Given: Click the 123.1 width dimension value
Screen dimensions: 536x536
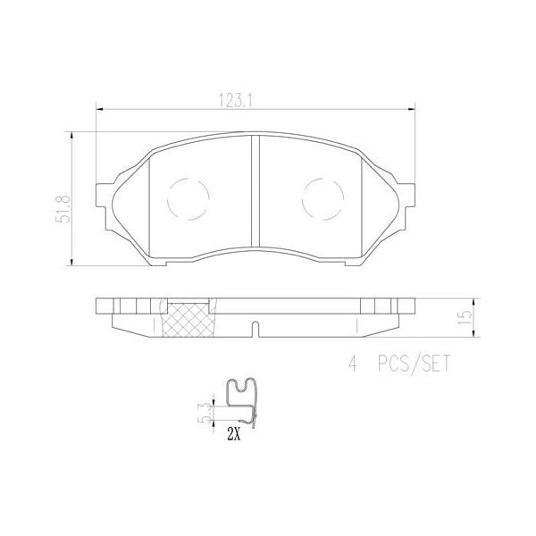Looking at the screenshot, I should (255, 101).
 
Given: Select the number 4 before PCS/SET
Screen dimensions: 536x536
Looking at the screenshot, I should (353, 364).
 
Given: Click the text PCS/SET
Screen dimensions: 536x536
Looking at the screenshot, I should (414, 364).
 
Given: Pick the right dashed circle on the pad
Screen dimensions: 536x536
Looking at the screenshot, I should (322, 198).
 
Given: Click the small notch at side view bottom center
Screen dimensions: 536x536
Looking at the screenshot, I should (256, 328).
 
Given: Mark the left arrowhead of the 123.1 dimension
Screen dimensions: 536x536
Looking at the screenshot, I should (99, 110).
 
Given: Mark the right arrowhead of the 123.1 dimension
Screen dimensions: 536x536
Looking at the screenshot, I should (412, 110).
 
